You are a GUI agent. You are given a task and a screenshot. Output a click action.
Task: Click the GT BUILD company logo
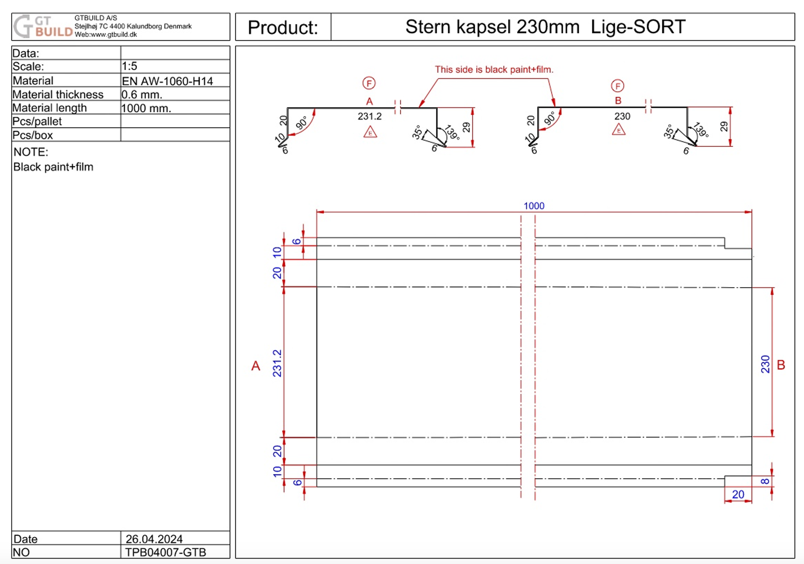click(43, 26)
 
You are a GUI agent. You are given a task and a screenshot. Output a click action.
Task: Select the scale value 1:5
click(129, 66)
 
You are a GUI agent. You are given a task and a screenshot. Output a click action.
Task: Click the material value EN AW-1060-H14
click(167, 81)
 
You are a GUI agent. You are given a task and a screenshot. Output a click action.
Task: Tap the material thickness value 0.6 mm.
click(141, 95)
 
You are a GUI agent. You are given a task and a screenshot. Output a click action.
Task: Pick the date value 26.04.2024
click(154, 539)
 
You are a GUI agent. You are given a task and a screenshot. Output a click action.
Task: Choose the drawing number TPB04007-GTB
click(165, 552)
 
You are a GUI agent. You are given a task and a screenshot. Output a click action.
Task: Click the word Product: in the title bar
click(283, 27)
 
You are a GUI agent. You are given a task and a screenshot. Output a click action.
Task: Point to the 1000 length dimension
click(534, 206)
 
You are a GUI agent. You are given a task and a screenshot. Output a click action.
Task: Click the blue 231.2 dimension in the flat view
click(277, 363)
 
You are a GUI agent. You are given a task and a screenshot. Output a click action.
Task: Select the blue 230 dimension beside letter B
click(765, 364)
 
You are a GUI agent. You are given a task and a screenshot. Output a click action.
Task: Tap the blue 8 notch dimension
click(765, 481)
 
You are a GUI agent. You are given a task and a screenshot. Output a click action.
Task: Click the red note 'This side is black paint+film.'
click(493, 70)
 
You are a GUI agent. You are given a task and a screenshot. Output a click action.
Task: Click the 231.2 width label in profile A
click(370, 116)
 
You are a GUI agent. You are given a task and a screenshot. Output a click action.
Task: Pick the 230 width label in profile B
click(622, 116)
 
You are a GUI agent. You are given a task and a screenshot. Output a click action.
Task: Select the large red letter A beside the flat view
click(256, 366)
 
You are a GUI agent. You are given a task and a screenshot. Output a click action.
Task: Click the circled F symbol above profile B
click(617, 86)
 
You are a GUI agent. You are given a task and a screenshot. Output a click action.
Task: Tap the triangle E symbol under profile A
click(370, 133)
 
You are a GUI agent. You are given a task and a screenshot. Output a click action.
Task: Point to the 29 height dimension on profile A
click(466, 127)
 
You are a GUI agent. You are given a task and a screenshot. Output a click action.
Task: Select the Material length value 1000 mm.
click(146, 108)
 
